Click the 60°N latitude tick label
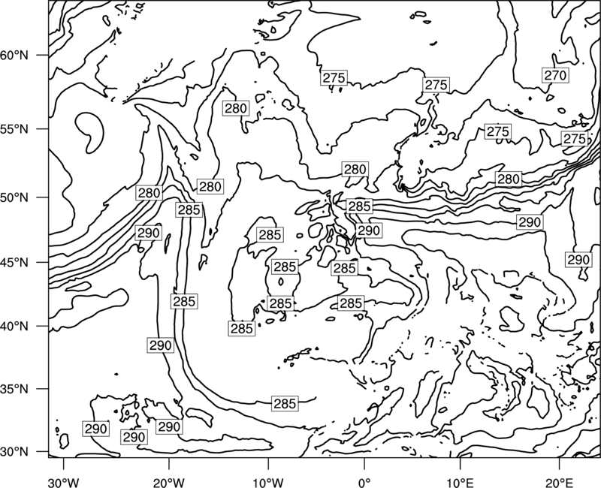[x=14, y=56]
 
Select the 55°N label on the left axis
[x=14, y=129]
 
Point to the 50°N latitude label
[x=14, y=197]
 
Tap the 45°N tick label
[x=14, y=262]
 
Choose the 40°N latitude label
[x=14, y=327]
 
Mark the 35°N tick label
[x=14, y=389]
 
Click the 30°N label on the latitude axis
[x=14, y=452]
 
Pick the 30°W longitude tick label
[x=64, y=480]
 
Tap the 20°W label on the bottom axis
[x=168, y=480]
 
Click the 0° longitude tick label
[x=364, y=480]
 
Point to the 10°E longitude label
[x=460, y=480]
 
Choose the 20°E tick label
[x=559, y=480]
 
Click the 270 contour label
[x=555, y=76]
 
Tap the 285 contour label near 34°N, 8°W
[x=285, y=403]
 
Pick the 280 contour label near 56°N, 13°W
[x=236, y=108]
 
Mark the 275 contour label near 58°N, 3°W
[x=334, y=78]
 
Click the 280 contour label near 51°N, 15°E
[x=509, y=179]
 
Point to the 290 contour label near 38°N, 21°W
[x=160, y=345]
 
